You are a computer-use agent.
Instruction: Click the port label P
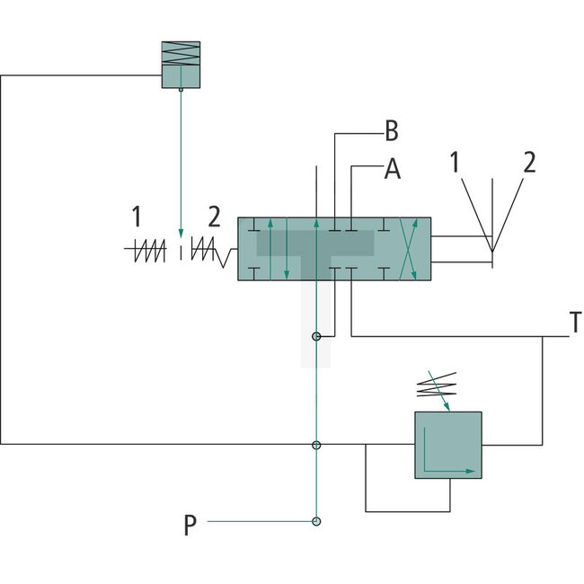click(x=190, y=526)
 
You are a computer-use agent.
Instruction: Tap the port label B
click(x=391, y=131)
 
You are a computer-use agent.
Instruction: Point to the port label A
click(x=392, y=169)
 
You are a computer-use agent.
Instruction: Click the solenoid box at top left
click(x=181, y=65)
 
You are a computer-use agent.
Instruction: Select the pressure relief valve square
click(x=447, y=446)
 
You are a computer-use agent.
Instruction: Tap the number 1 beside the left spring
click(x=137, y=217)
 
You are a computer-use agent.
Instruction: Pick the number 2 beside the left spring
click(x=213, y=217)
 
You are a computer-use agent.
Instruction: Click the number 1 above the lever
click(x=455, y=163)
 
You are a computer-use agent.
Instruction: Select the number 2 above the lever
click(x=529, y=163)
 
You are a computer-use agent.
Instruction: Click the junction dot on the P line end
click(x=316, y=521)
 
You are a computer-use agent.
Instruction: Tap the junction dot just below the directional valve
click(x=316, y=337)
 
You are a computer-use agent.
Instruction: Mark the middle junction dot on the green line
click(x=316, y=445)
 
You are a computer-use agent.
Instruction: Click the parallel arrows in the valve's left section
click(x=279, y=250)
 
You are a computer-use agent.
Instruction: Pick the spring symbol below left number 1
click(x=148, y=252)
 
